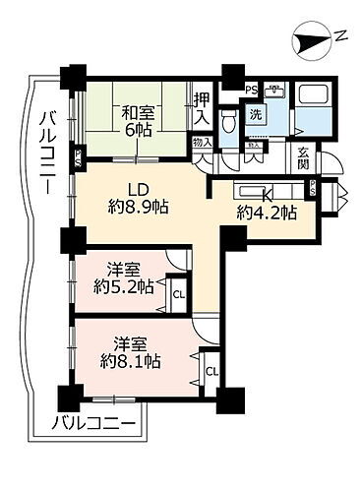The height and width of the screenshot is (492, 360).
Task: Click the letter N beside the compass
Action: click(x=339, y=36)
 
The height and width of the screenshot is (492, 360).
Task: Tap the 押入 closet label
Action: click(x=201, y=104)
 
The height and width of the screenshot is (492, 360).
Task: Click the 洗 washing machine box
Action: click(x=255, y=114)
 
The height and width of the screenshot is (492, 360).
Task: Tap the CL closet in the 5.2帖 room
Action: click(x=179, y=292)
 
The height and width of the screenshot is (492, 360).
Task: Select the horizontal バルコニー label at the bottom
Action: click(x=92, y=425)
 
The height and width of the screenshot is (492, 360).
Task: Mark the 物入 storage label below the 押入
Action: click(x=203, y=142)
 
